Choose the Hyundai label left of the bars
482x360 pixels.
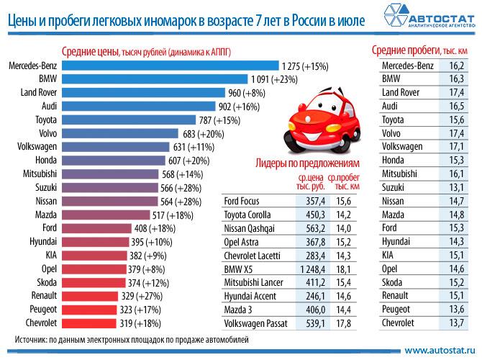(42, 240)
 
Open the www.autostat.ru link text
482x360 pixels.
(438, 349)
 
